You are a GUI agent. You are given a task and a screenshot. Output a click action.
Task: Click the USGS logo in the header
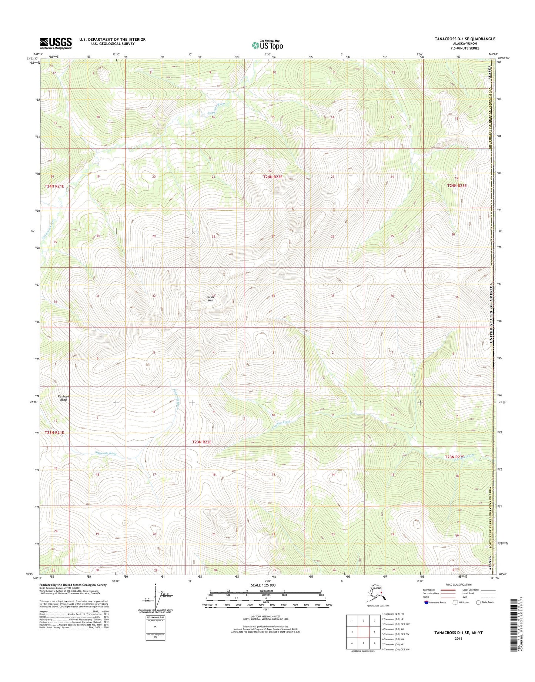[56, 43]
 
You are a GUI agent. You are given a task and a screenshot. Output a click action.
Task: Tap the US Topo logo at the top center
[267, 45]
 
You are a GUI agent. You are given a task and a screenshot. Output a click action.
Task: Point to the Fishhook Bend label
[63, 398]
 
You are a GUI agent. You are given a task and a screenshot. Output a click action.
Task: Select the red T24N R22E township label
[272, 177]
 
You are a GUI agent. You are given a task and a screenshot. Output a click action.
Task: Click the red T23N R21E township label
[54, 432]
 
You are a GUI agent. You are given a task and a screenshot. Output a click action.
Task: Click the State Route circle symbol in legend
[478, 602]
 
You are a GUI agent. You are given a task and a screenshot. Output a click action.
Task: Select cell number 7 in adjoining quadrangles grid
[364, 643]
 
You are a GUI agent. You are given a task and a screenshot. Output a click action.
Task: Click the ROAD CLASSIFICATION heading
[459, 585]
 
